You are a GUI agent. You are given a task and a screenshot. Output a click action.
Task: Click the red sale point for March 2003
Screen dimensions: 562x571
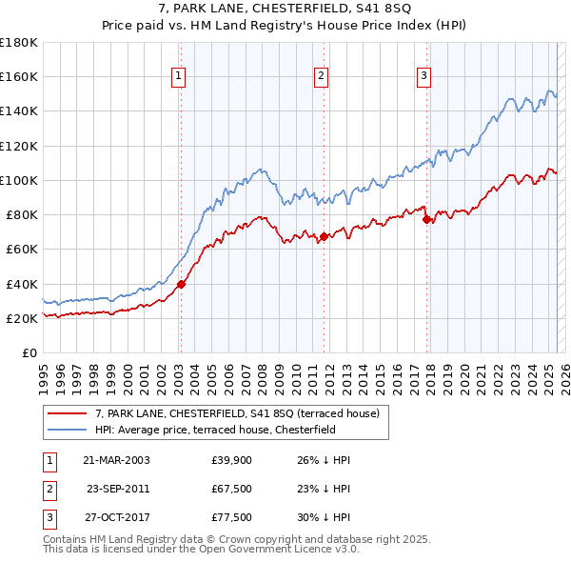coord(181,283)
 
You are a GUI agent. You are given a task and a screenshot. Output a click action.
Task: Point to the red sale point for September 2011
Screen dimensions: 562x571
coord(325,236)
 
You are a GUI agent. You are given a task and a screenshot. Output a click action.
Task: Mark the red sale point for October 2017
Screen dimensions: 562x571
coord(426,219)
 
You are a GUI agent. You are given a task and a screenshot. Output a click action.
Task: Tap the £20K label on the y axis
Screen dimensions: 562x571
coord(23,318)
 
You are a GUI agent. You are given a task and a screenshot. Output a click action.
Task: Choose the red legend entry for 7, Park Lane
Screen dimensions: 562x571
coord(237,413)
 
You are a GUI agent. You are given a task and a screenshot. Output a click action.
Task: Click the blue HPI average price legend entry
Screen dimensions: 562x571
coord(226,430)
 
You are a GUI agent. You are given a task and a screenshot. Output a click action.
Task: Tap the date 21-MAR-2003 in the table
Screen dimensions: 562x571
coord(117,460)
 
